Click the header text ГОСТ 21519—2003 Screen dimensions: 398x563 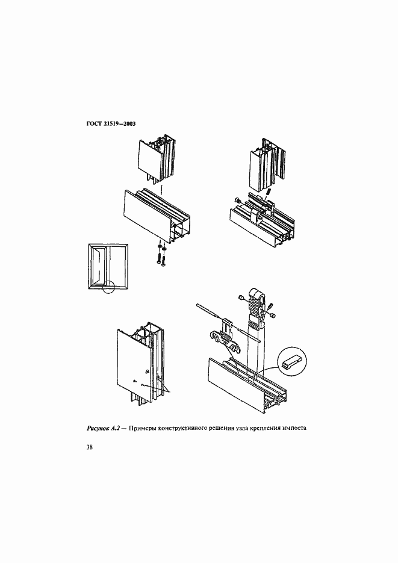(111, 124)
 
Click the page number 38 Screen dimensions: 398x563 (90, 447)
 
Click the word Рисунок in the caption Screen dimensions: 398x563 (98, 428)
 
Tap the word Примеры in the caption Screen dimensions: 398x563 (143, 428)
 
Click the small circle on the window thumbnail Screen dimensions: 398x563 (108, 287)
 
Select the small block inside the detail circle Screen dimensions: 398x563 (291, 362)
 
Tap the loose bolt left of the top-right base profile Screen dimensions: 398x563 (237, 201)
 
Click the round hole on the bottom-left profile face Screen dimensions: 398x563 (147, 372)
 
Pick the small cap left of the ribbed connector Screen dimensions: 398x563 (242, 297)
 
